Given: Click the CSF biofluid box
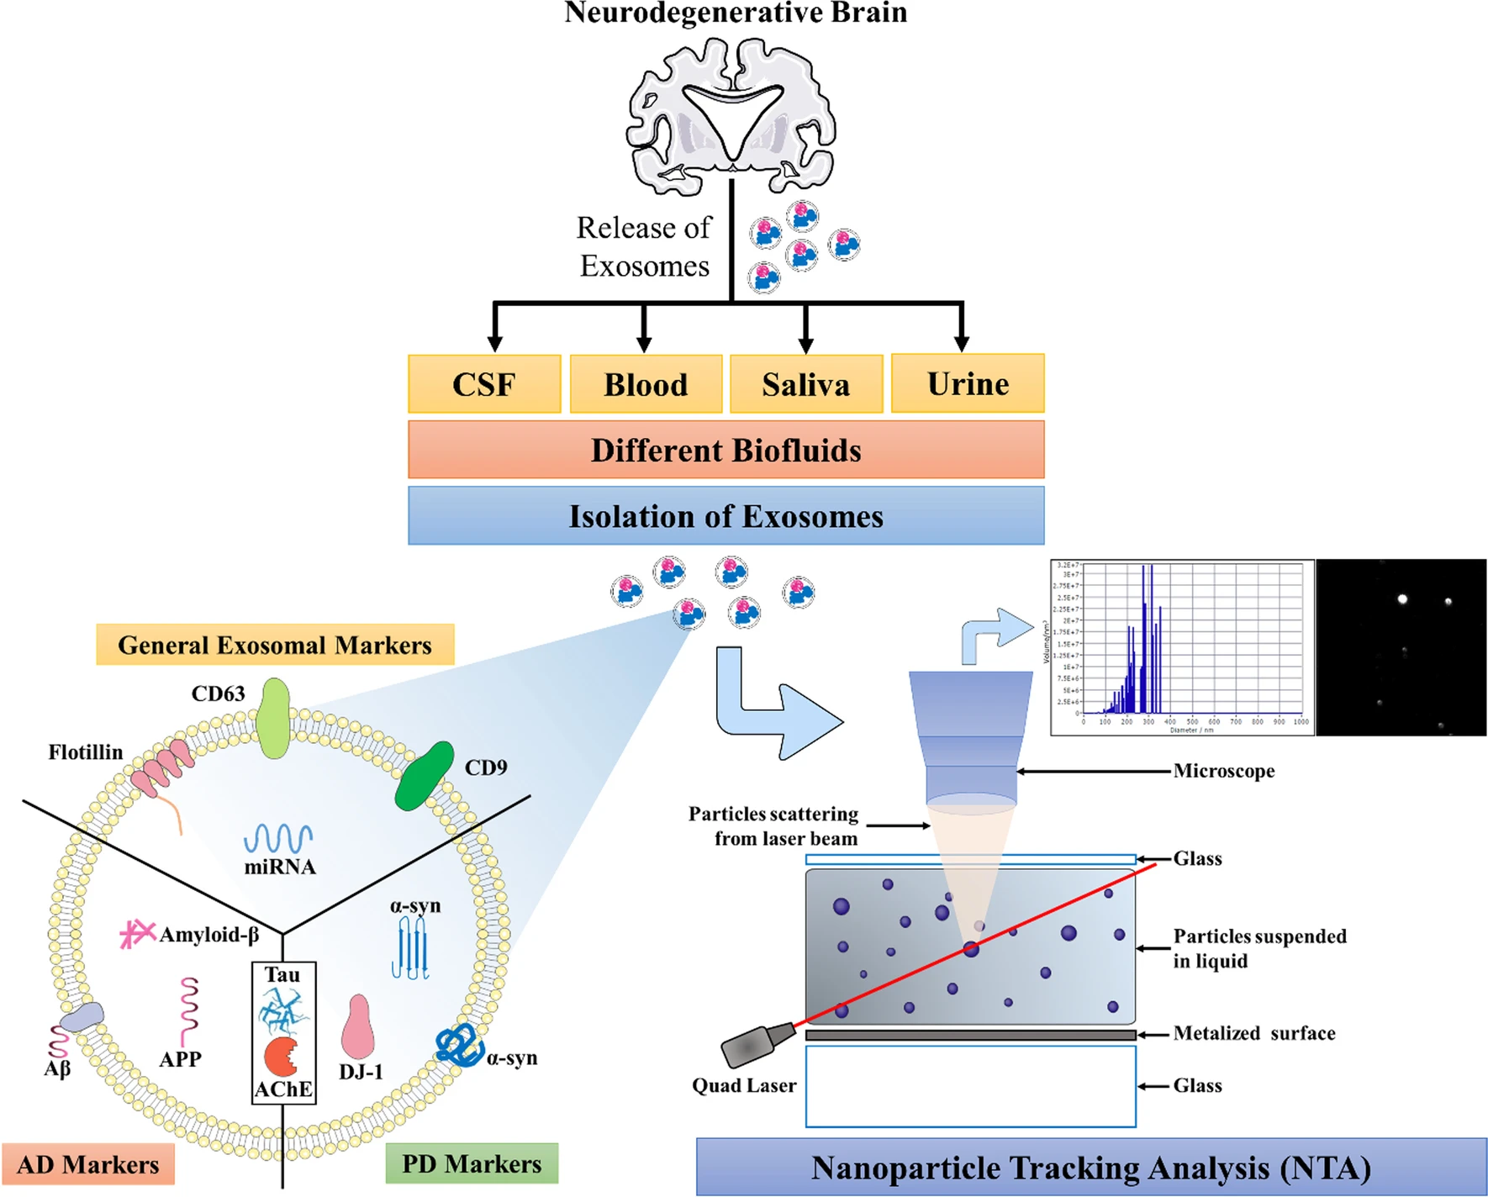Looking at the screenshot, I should pos(484,384).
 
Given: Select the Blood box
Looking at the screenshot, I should pos(646,384).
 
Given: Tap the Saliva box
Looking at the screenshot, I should pos(805,384).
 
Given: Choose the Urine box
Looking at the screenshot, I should pos(968,383).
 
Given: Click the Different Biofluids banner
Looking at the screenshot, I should pos(726,450).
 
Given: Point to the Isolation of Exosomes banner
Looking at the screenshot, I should pos(726,515).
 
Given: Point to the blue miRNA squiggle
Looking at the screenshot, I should pos(278,838).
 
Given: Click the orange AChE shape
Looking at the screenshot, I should pos(281,1057).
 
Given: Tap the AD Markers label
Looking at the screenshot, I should pos(88,1164).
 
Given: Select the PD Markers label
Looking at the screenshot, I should pos(472,1163).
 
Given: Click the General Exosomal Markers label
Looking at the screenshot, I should pos(275,645).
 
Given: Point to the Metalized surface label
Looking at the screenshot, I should pos(1253,1033).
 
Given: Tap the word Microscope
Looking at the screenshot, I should pos(1223,771).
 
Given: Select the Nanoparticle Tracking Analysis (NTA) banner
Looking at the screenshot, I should pos(1090,1168).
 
